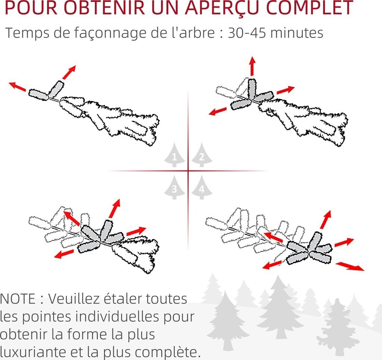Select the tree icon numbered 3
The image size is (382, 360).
[174, 188]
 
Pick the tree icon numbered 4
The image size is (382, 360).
[202, 188]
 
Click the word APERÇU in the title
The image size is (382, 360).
[221, 8]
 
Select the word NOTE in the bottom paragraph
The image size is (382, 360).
[18, 298]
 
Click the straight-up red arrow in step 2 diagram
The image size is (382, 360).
[252, 66]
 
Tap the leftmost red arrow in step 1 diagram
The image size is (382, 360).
[17, 87]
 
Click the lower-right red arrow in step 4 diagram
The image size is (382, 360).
[350, 266]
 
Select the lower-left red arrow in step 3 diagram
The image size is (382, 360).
[64, 254]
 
